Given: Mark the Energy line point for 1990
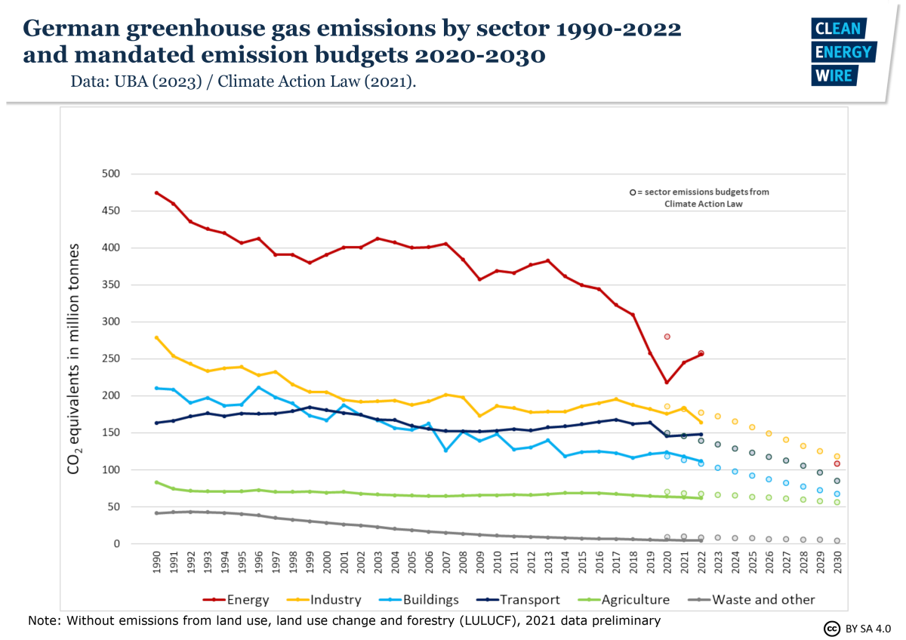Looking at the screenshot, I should (x=156, y=192).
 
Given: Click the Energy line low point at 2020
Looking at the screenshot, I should (x=667, y=383).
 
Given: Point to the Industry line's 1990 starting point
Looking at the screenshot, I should (x=156, y=337).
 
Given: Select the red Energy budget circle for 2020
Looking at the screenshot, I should (x=667, y=337).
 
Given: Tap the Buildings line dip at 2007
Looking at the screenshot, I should (x=445, y=451).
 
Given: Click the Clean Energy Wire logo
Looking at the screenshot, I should (x=842, y=51).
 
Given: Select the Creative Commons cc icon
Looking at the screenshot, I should (x=832, y=628).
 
